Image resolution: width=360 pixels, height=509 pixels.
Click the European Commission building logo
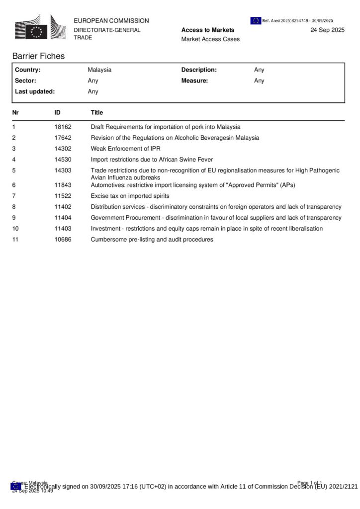(x=39, y=27)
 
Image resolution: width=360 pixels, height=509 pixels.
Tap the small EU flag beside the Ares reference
(x=256, y=20)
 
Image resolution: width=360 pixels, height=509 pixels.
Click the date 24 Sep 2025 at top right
(x=327, y=30)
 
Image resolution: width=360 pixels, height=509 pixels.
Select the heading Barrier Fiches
(x=38, y=56)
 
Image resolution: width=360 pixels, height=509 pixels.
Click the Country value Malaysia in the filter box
(x=99, y=70)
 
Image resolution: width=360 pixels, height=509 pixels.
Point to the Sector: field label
(x=25, y=81)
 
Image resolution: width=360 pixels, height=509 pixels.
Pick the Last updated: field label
(x=35, y=91)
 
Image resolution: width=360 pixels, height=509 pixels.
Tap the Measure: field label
(x=194, y=81)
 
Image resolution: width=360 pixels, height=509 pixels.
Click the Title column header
(x=97, y=113)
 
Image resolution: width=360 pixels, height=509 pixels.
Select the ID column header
(x=58, y=113)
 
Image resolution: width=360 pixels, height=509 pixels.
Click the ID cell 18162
(x=63, y=127)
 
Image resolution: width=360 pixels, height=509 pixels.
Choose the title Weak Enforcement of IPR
(x=125, y=149)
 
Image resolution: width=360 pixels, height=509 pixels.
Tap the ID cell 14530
(x=63, y=160)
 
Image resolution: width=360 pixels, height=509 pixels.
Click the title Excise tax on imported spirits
(x=130, y=196)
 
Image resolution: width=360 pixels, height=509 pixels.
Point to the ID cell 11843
(x=63, y=185)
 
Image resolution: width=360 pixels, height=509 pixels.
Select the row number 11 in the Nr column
(x=15, y=240)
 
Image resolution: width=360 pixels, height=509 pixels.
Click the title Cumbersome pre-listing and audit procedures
(x=152, y=240)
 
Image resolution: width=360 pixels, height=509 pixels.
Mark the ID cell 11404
(x=63, y=218)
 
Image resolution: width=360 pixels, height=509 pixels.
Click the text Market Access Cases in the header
(x=210, y=39)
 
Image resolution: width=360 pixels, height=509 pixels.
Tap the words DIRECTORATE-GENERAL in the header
(x=107, y=30)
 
